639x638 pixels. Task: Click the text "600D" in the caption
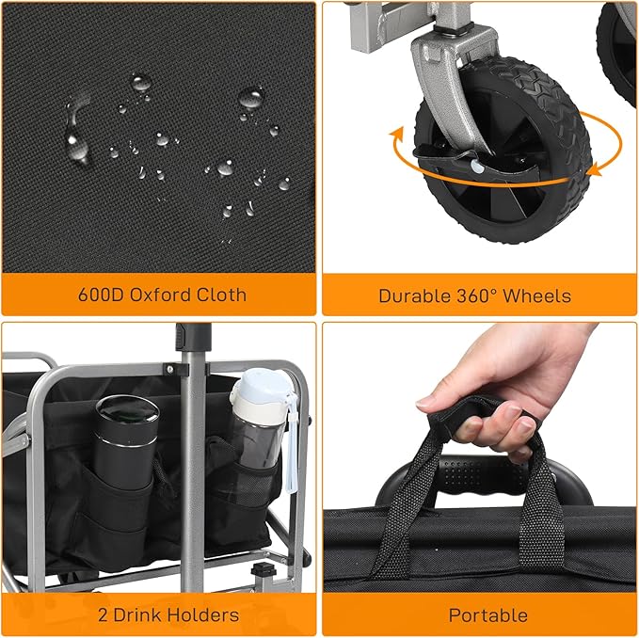click(x=98, y=295)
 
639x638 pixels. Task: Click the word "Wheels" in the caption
click(x=537, y=295)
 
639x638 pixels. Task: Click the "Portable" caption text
click(x=487, y=616)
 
